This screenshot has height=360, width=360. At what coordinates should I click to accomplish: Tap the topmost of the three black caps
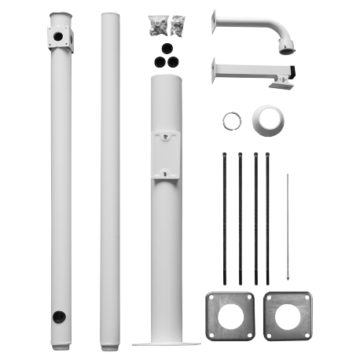coord(165,47)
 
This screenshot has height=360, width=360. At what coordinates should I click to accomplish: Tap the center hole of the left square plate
coord(230,315)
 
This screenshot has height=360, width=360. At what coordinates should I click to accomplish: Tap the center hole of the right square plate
coord(288,315)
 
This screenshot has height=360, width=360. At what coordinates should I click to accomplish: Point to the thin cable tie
coord(288,228)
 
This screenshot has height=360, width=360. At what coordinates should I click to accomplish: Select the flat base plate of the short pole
coord(166,343)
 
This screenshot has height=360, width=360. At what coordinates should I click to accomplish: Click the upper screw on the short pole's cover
coord(166,135)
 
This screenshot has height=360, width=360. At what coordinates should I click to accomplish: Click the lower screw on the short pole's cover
coord(166,174)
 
